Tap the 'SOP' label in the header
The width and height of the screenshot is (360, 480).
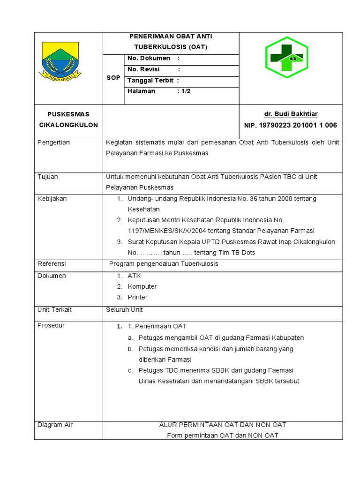click(x=113, y=78)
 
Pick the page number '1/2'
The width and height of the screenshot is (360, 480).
click(x=186, y=91)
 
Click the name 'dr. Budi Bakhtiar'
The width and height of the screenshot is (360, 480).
click(x=291, y=114)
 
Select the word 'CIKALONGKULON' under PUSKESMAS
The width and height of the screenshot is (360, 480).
click(x=68, y=125)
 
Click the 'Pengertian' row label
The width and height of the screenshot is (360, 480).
click(x=53, y=142)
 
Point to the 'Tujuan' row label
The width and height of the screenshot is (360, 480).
click(x=48, y=177)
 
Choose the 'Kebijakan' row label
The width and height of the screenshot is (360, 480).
click(x=52, y=199)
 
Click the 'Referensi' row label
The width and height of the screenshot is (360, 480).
click(x=52, y=264)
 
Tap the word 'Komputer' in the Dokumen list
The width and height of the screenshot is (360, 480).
click(x=142, y=286)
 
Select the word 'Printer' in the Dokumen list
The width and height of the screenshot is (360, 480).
click(x=137, y=297)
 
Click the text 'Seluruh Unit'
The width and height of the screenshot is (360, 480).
click(x=125, y=310)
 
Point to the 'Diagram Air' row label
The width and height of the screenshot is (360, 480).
click(x=55, y=425)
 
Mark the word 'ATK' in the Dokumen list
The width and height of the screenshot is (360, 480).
click(x=134, y=276)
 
